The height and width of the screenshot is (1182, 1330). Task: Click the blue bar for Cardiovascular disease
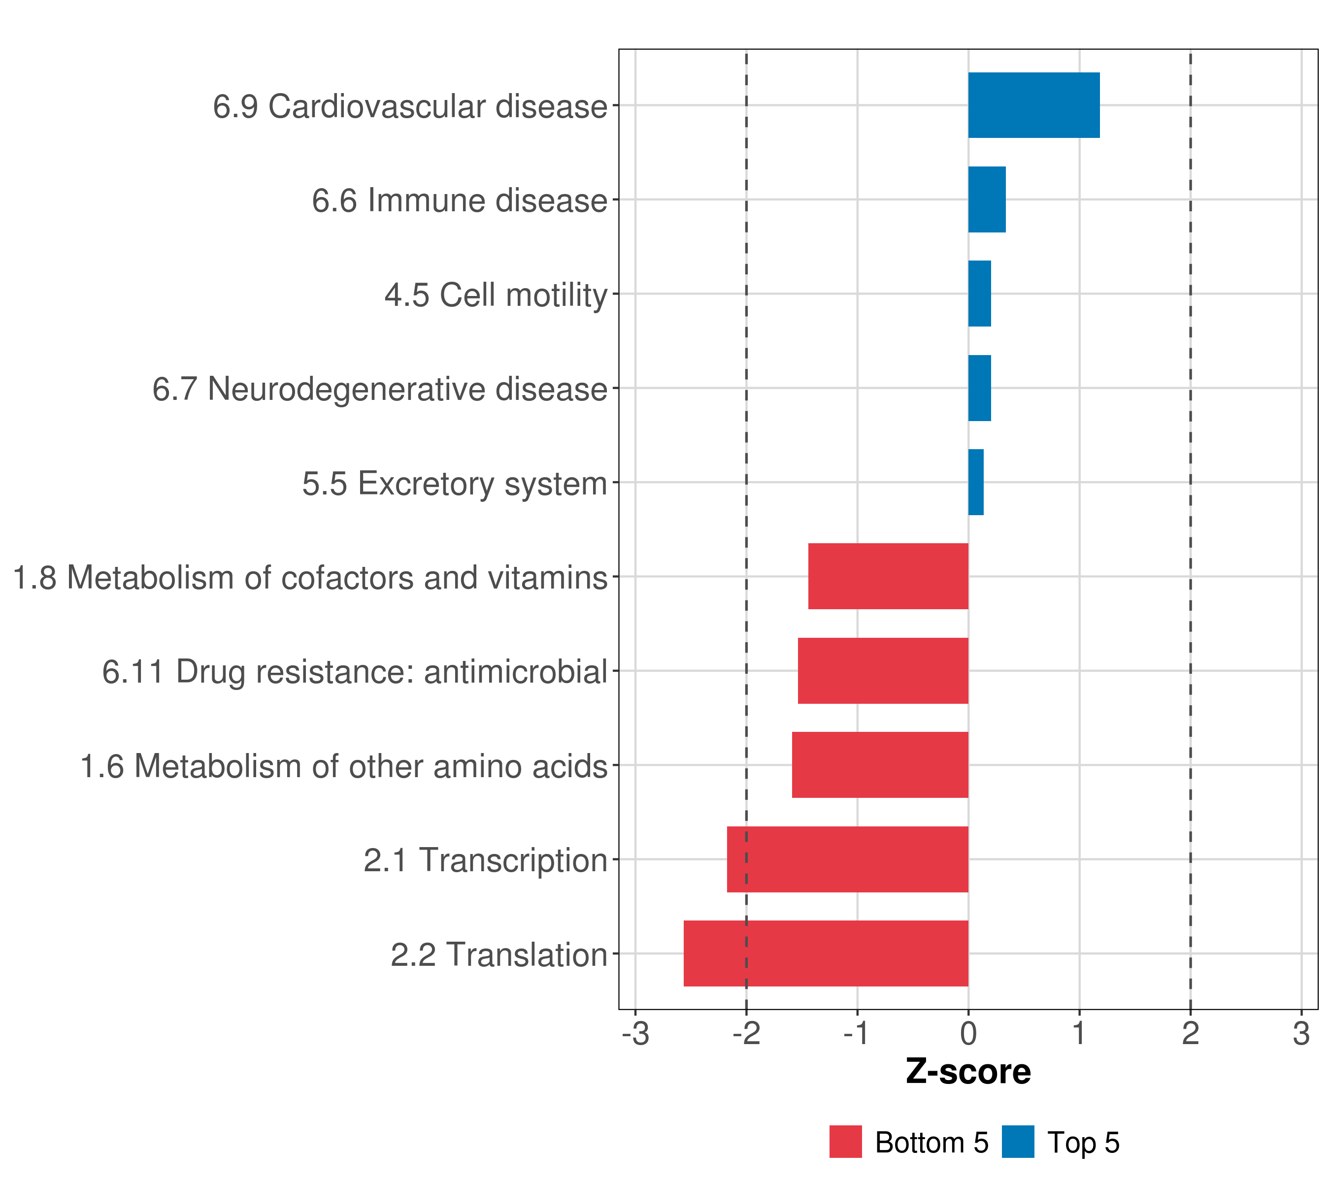tap(1033, 105)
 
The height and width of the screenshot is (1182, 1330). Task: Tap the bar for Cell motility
tap(979, 294)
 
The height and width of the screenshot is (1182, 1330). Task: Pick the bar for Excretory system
tap(975, 482)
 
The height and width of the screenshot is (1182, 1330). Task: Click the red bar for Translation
tap(826, 953)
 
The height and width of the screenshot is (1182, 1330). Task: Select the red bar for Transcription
tap(847, 859)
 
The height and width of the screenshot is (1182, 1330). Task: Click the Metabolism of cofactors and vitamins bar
tap(888, 576)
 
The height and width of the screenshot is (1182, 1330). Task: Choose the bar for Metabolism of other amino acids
tap(880, 764)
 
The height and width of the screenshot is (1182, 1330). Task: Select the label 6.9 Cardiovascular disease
tap(410, 106)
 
